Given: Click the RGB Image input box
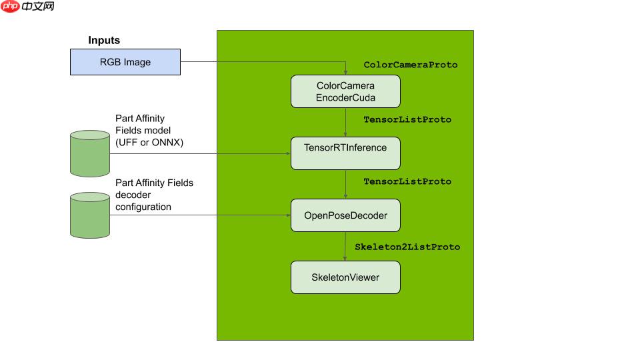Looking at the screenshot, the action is pos(125,62).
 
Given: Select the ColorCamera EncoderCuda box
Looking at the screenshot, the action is pos(345,91).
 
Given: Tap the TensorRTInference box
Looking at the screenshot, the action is pos(345,153).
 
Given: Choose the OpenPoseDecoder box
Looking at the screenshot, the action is pos(345,215).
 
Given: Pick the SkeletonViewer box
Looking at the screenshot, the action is pos(345,277).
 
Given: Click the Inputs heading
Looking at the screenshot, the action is pos(104,40).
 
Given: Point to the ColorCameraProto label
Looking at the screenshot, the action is pos(411,65).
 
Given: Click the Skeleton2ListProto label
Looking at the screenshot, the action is pos(407,247).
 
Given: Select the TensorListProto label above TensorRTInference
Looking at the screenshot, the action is pos(407,119).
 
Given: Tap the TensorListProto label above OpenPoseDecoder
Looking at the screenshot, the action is pos(407,181).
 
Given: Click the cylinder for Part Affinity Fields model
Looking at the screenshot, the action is pos(90,153).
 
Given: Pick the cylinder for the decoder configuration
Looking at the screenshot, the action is pos(90,215).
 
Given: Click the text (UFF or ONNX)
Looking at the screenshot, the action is pos(149,143).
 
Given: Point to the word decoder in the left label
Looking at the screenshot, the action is pos(133,195).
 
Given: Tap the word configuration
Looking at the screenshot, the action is pos(143,207).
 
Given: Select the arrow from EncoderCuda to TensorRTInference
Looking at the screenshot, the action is pos(345,122).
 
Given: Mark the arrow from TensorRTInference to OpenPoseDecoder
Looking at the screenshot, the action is pos(345,184).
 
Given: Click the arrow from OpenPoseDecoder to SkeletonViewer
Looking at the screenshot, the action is pos(345,246).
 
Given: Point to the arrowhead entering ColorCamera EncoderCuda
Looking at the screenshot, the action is pos(346,72).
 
